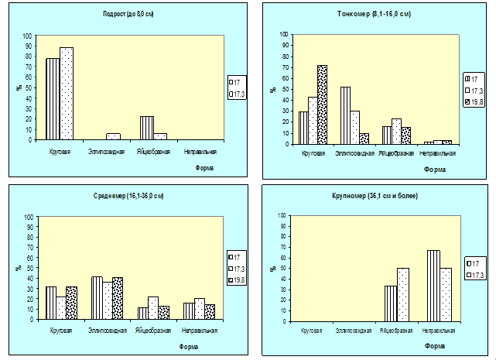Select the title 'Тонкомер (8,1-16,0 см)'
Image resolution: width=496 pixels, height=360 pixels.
click(x=375, y=14)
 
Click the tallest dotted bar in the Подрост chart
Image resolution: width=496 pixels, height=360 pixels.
click(x=67, y=93)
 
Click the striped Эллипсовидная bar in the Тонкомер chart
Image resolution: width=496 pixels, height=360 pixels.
click(x=345, y=115)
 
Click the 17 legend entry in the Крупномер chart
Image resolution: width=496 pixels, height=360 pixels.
click(x=473, y=264)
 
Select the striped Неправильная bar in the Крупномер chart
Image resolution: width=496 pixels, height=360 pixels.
click(x=433, y=286)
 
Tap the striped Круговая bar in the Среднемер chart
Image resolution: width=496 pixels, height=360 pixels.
click(x=51, y=303)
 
